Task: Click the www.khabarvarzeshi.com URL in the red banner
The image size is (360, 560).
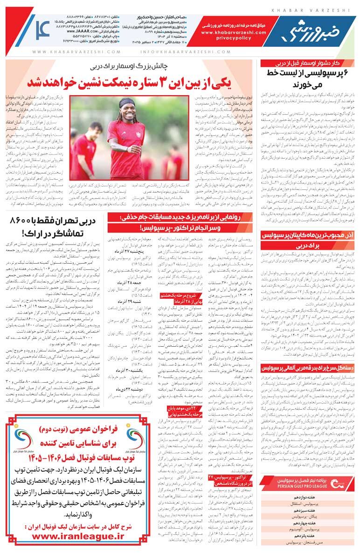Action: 227,33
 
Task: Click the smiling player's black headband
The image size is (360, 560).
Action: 127,103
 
